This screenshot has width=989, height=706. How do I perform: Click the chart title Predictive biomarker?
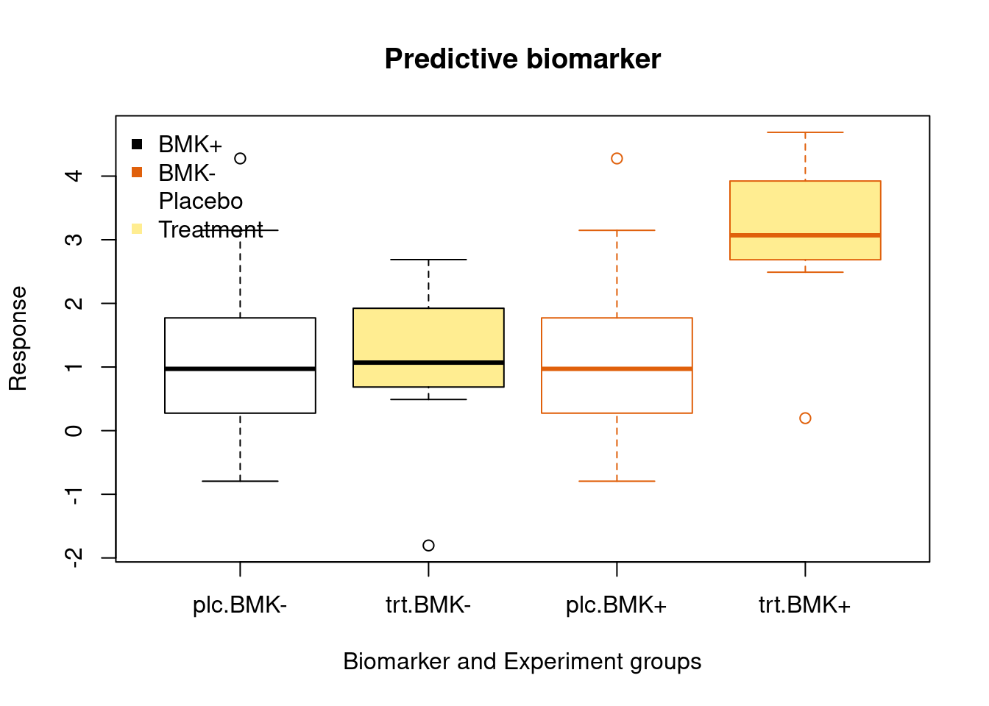pyautogui.click(x=522, y=59)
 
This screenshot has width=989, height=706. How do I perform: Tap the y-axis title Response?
pyautogui.click(x=18, y=338)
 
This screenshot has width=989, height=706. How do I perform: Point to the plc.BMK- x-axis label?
pyautogui.click(x=240, y=605)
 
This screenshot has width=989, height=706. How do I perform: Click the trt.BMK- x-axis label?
pyautogui.click(x=428, y=605)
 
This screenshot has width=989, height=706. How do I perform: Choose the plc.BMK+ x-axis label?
pyautogui.click(x=617, y=605)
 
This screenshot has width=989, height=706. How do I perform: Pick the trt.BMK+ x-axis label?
pyautogui.click(x=804, y=605)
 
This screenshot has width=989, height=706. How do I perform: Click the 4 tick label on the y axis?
pyautogui.click(x=74, y=176)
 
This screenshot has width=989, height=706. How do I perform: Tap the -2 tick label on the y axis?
pyautogui.click(x=74, y=558)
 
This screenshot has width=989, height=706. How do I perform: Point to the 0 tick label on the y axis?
pyautogui.click(x=74, y=431)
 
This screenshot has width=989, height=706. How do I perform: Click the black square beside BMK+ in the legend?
pyautogui.click(x=137, y=144)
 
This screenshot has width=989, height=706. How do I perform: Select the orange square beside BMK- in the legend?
pyautogui.click(x=137, y=173)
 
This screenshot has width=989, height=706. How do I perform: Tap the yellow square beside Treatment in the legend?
pyautogui.click(x=137, y=229)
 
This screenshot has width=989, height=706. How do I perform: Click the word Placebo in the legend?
pyautogui.click(x=201, y=202)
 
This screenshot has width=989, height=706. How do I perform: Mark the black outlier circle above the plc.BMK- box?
pyautogui.click(x=240, y=158)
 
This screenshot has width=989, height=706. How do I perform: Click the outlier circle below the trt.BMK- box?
pyautogui.click(x=428, y=546)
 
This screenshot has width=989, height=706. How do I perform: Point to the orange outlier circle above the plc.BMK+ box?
pyautogui.click(x=617, y=158)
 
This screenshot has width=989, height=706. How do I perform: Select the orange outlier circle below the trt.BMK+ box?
pyautogui.click(x=805, y=418)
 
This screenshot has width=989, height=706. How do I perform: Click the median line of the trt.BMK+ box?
pyautogui.click(x=805, y=235)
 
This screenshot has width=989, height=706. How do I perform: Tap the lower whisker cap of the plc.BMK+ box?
pyautogui.click(x=617, y=481)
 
